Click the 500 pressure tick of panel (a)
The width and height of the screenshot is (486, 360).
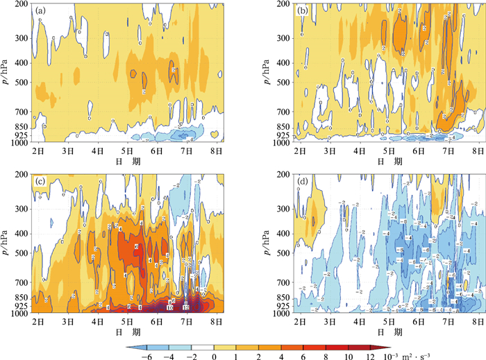24,85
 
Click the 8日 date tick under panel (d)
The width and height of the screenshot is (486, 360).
474,323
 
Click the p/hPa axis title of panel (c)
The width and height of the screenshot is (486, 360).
7,243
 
